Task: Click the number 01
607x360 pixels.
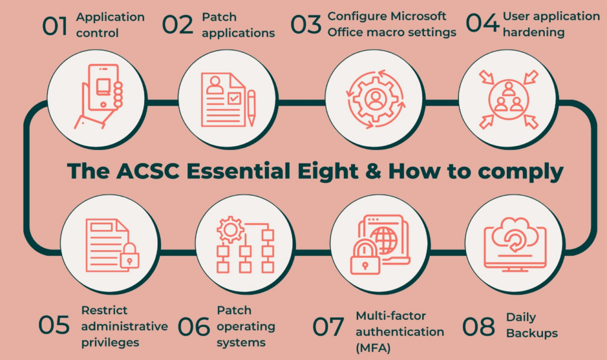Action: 55,27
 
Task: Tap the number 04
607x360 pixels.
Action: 481,24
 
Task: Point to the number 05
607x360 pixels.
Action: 55,326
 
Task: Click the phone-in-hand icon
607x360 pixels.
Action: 101,95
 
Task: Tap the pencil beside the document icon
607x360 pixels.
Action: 251,107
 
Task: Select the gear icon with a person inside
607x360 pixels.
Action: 374,96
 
